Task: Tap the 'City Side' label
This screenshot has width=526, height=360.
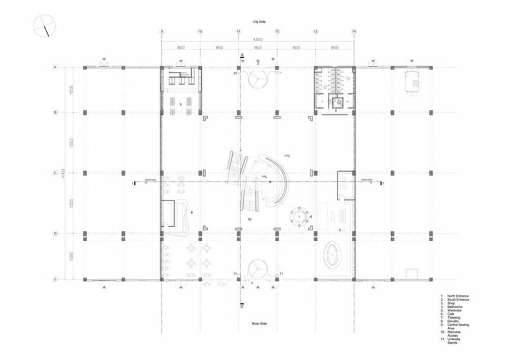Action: tap(258, 22)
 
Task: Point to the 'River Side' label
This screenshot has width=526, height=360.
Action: tap(258, 322)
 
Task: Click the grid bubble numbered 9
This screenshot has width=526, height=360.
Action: tap(161, 30)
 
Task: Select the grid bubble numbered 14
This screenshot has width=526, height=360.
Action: tap(354, 30)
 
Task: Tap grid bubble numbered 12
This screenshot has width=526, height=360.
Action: tap(277, 30)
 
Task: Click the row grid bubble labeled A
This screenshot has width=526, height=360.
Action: tap(56, 67)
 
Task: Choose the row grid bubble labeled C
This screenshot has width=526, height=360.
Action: tap(56, 173)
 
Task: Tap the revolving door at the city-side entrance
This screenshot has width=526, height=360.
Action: tap(257, 79)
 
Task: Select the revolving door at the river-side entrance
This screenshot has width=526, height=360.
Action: tap(257, 267)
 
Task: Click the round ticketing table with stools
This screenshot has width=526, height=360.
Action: tap(300, 218)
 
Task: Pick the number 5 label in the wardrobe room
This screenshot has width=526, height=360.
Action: tap(181, 103)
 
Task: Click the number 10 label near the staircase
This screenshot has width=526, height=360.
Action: tap(249, 219)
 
